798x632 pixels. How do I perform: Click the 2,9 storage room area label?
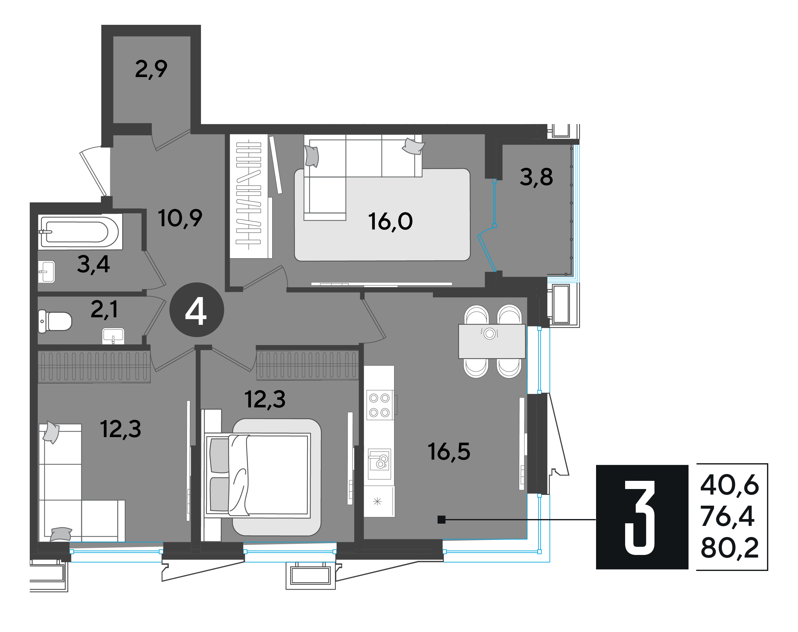(151, 69)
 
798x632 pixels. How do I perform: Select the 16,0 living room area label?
(390, 222)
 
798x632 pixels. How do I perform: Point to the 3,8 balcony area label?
(536, 177)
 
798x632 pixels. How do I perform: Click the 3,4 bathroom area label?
(93, 265)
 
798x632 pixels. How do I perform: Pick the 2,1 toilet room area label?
(104, 309)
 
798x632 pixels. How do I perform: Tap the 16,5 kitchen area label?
(449, 452)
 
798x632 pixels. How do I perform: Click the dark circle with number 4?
(196, 310)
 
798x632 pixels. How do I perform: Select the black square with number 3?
(642, 517)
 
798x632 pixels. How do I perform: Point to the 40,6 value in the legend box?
(729, 485)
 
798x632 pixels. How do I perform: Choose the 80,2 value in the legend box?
(729, 548)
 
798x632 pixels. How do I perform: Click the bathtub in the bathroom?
(80, 232)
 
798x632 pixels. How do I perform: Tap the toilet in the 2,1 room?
(55, 321)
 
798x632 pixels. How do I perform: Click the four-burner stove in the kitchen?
(380, 405)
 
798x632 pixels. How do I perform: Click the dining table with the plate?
(492, 341)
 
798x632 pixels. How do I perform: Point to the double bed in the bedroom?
(258, 475)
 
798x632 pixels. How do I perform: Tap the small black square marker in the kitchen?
(441, 520)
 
